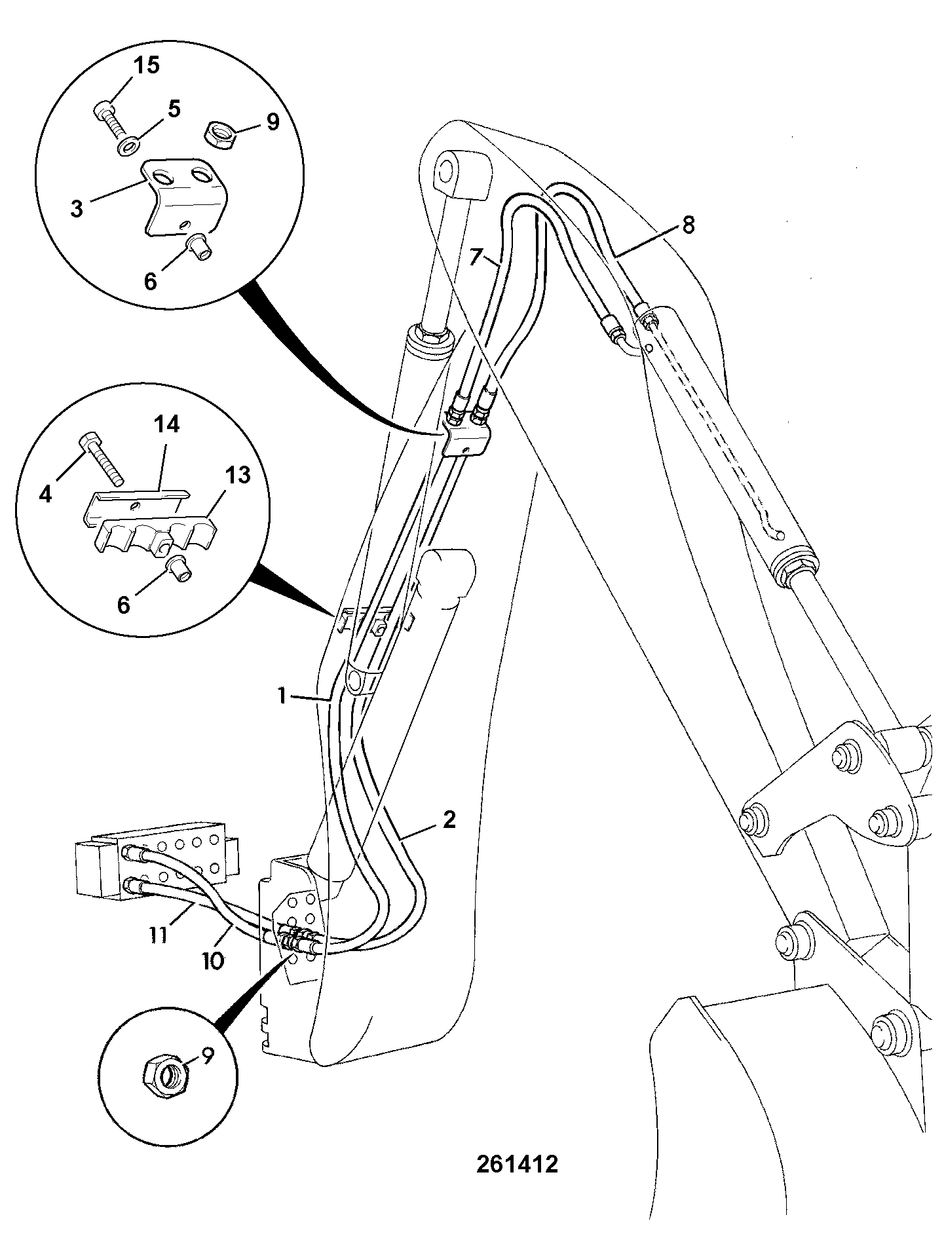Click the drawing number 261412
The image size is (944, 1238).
coord(517,1164)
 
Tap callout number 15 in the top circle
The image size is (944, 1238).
coord(146,66)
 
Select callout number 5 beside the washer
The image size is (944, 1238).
coord(174,109)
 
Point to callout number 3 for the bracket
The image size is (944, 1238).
coord(77,209)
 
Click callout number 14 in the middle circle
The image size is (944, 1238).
coord(166,425)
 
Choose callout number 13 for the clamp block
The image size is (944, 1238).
coord(238,476)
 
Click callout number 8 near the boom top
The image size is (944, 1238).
coord(688,225)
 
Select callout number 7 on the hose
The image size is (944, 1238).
coord(476,255)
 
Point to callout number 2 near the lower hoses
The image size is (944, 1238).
coord(449,819)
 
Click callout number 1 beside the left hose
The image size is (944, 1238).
coord(282,696)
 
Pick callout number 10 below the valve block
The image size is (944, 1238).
coord(214,961)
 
